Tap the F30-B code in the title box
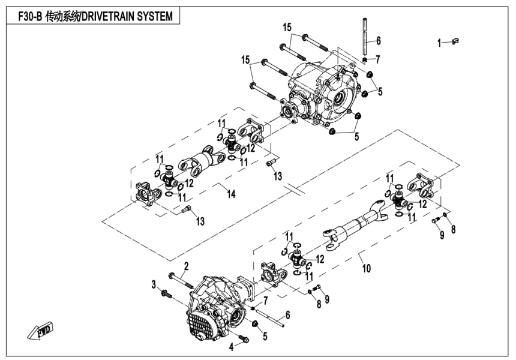pos(26,16)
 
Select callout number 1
pos(439,42)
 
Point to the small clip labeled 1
pos(455,41)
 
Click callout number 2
pos(187,265)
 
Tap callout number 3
pos(154,283)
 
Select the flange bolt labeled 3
pos(166,293)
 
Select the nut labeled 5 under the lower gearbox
pos(254,325)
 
